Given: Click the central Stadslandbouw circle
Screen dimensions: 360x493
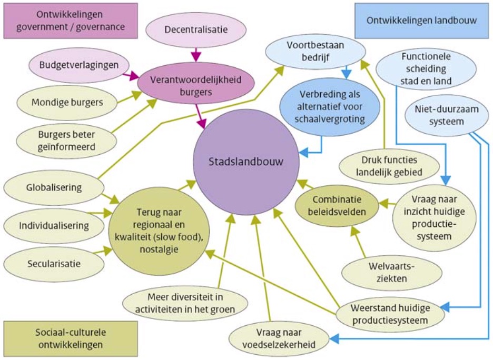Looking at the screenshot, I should pos(245,162).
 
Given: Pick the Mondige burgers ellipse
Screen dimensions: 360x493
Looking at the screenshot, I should pos(66,102).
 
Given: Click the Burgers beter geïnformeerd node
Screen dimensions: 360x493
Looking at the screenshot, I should pos(66,141).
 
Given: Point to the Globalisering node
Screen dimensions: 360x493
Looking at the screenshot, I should pos(54,187).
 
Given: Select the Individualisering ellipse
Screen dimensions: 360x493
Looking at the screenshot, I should pos(54,225).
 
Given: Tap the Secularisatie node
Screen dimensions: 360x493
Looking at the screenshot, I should pos(54,263).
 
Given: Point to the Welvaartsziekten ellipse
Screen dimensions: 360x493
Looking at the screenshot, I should pos(391,272).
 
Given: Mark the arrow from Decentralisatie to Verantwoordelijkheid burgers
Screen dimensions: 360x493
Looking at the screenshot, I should pos(196,55).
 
